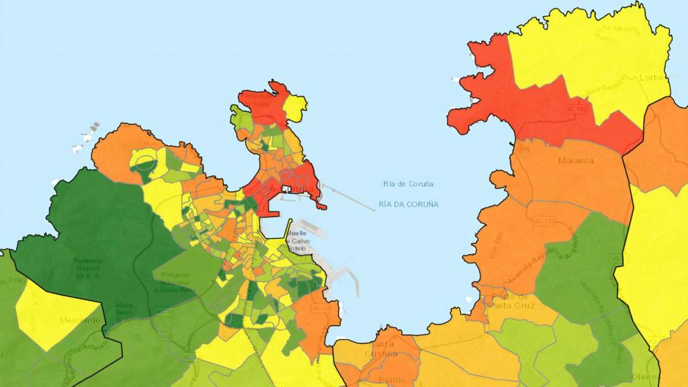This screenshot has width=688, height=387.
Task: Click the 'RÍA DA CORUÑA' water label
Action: click(x=408, y=204)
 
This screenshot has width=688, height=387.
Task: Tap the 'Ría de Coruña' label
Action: click(x=408, y=184)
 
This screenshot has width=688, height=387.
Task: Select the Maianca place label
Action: click(x=576, y=161)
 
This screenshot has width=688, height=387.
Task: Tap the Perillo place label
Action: click(x=392, y=380)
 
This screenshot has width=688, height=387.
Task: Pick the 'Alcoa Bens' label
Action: click(x=124, y=309)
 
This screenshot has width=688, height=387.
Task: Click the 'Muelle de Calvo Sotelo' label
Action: click(x=296, y=241)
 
